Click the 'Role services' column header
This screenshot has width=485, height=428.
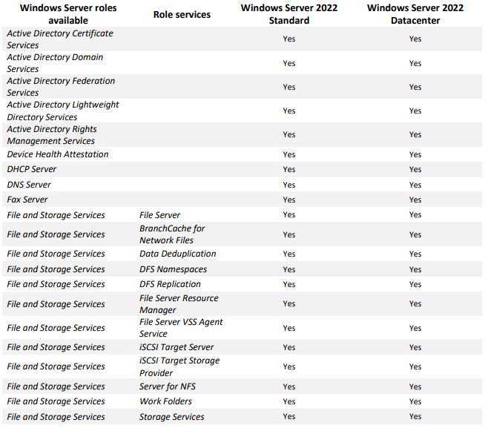[182, 14]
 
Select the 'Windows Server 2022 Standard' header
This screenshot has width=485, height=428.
[289, 14]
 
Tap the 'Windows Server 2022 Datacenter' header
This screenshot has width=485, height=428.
[415, 14]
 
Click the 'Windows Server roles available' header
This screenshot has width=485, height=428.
[68, 14]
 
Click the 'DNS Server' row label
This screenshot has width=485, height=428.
[29, 185]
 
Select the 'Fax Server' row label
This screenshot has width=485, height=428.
[27, 200]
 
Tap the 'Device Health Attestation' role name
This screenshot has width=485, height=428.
[58, 154]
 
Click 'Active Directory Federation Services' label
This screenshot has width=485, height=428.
[61, 87]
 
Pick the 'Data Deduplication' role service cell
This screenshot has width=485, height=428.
[178, 254]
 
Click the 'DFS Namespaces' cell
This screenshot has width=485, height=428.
[174, 269]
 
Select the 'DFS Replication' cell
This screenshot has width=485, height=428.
[170, 284]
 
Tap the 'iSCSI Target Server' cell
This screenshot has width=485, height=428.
[176, 347]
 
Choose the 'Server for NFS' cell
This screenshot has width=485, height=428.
[168, 386]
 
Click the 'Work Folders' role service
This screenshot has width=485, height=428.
[165, 401]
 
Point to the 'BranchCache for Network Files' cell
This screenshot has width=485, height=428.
[172, 234]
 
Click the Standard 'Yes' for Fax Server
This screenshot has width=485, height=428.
[289, 200]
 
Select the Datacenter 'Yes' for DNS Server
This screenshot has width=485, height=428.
[415, 185]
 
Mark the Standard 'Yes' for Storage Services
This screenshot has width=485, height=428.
[289, 417]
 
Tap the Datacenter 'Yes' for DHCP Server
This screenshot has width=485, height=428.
[415, 169]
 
